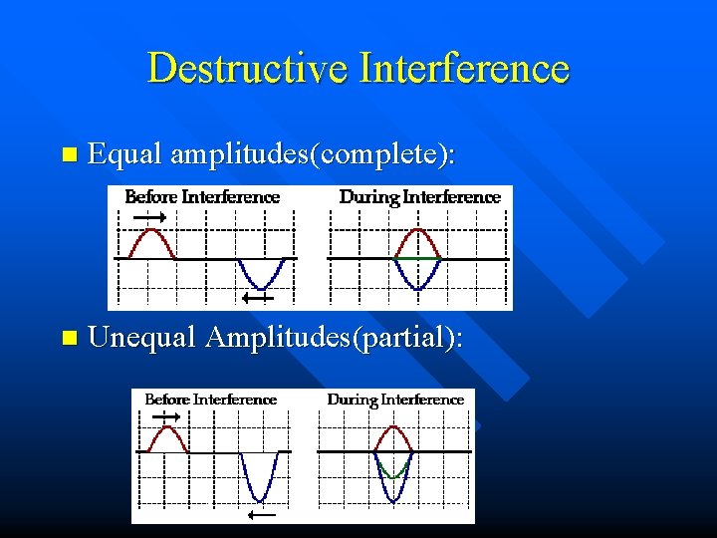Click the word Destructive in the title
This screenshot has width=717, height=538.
click(249, 69)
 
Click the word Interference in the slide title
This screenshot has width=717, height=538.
click(465, 69)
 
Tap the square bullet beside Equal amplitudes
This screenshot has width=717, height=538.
click(68, 155)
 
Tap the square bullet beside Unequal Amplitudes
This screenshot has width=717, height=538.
click(68, 340)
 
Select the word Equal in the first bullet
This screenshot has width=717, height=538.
click(124, 154)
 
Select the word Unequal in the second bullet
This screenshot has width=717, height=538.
click(142, 339)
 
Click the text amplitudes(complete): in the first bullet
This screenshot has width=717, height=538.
click(313, 155)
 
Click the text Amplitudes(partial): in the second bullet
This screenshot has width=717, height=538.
click(334, 339)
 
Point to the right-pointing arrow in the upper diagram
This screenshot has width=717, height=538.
click(150, 216)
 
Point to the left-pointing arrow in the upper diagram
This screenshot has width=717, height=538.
click(258, 297)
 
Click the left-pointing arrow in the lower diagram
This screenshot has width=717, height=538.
click(262, 515)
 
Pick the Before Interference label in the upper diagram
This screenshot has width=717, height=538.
click(202, 197)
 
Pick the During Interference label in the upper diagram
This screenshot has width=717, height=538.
click(419, 197)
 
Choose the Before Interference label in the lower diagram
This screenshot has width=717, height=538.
click(210, 400)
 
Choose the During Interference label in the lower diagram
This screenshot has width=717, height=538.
click(395, 400)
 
